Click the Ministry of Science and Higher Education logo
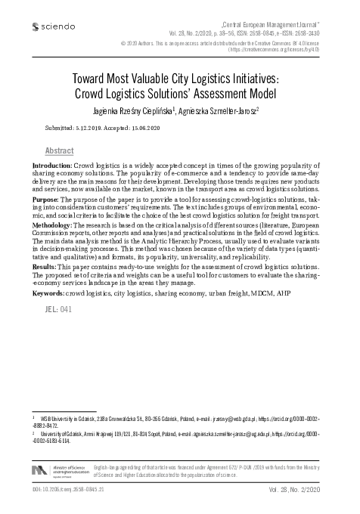(60, 470)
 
